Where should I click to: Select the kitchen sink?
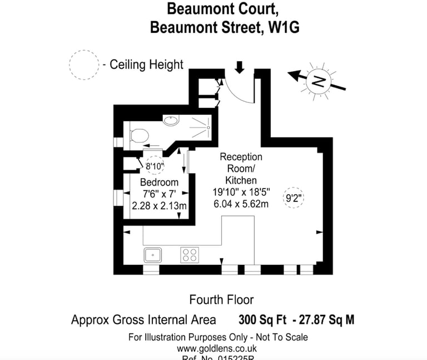pyautogui.click(x=152, y=255)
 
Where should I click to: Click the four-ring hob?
pyautogui.click(x=189, y=255)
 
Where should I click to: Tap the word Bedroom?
pyautogui.click(x=159, y=183)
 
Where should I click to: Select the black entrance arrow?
pyautogui.click(x=240, y=67)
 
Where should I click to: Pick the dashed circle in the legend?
pyautogui.click(x=85, y=65)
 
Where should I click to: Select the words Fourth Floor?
pyautogui.click(x=221, y=300)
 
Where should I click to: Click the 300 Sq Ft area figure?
pyautogui.click(x=262, y=320)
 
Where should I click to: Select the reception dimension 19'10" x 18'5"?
pyautogui.click(x=241, y=192)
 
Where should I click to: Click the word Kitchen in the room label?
pyautogui.click(x=241, y=180)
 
